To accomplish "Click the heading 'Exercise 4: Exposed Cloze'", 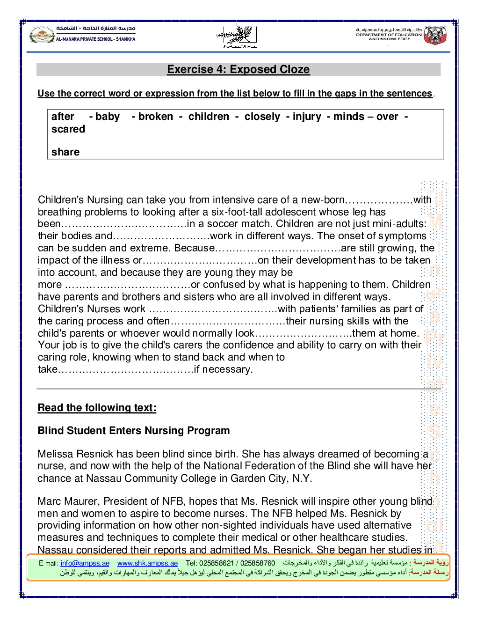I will (x=238, y=69).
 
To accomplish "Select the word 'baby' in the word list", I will (x=107, y=117).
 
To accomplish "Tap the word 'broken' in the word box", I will (x=156, y=117).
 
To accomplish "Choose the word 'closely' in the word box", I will (x=262, y=117).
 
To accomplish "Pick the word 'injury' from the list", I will (x=307, y=117).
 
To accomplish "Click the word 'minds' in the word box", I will (x=348, y=117).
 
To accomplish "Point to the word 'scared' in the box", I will (x=68, y=129).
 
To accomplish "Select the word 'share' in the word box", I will (x=65, y=152).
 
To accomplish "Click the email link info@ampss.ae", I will (x=85, y=563).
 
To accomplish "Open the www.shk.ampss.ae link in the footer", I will (x=147, y=563).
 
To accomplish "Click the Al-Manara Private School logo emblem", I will (x=42, y=35).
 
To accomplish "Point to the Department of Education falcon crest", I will (x=435, y=35).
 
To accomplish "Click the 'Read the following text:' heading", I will (x=97, y=408).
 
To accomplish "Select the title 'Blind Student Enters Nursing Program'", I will (x=134, y=431).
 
